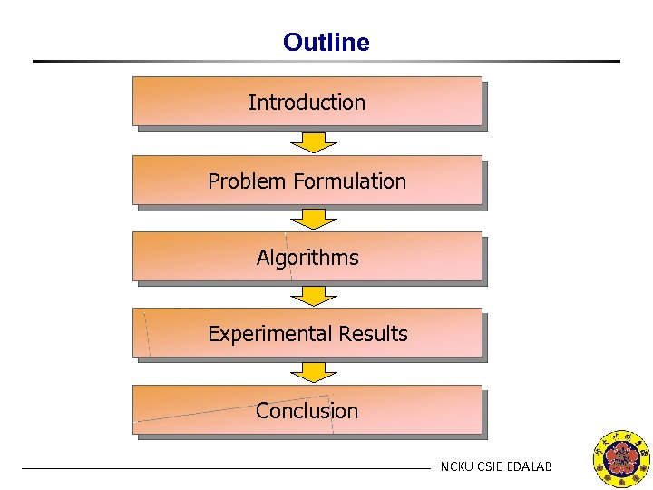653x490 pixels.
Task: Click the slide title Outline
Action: point(326,43)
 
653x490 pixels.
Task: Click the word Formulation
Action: point(347,181)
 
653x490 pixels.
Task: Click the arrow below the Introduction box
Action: point(313,142)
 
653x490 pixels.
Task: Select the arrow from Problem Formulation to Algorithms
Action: point(313,219)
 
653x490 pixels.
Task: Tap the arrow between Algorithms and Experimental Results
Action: point(313,295)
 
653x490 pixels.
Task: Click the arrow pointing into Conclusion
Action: point(313,371)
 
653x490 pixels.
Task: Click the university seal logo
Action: point(620,458)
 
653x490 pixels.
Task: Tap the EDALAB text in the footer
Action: point(531,467)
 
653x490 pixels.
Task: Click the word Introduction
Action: point(307,103)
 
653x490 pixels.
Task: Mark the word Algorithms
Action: point(307,258)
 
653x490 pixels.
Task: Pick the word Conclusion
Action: point(307,411)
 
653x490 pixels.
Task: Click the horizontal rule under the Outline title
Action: point(326,61)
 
